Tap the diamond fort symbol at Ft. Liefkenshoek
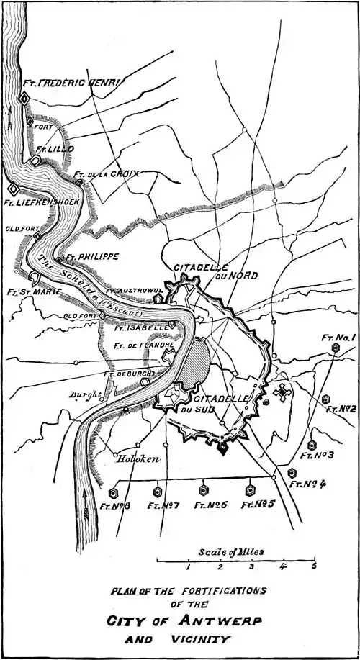tap(12, 189)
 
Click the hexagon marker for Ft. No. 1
tap(335, 348)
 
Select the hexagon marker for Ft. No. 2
tap(326, 398)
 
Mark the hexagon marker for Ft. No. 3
tap(311, 444)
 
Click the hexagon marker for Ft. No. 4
tap(292, 473)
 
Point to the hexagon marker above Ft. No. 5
tap(251, 489)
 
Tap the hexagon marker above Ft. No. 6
tap(204, 490)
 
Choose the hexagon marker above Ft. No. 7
tap(156, 492)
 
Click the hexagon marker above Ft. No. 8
tap(114, 494)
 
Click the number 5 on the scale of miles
tap(314, 566)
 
